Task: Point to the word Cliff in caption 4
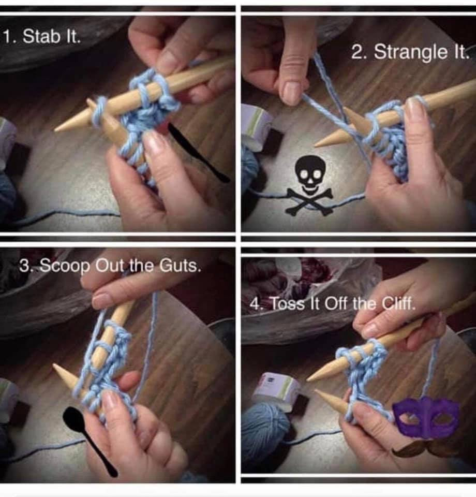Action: click(x=398, y=304)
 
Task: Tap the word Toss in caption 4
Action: click(x=288, y=304)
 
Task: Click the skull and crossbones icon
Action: click(x=309, y=186)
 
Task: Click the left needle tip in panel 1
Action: click(x=56, y=129)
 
